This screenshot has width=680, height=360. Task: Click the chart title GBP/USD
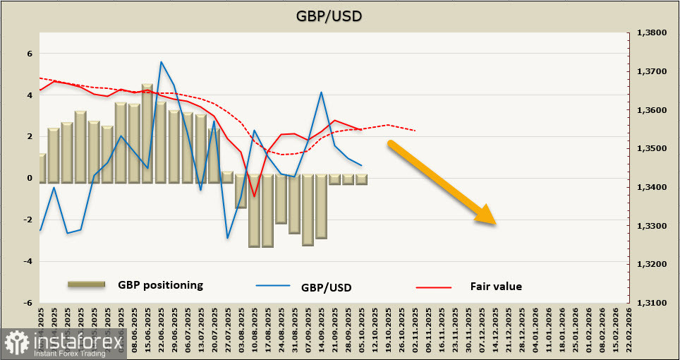pos(340,15)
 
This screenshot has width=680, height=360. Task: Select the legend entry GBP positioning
pos(160,285)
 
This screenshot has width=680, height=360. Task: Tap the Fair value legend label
pos(496,287)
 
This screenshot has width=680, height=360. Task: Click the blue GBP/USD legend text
pos(326,287)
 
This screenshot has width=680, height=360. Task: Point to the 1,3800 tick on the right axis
pos(652,33)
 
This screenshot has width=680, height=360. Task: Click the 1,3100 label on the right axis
pos(652,303)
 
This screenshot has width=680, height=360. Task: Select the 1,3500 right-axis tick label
pos(652,149)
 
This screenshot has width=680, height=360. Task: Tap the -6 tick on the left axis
pos(29,303)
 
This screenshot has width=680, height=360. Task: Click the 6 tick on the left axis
pos(29,54)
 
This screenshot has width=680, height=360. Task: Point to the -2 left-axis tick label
pos(29,220)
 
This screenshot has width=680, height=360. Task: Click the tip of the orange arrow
pos(496,224)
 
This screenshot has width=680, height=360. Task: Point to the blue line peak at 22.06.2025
pos(162,62)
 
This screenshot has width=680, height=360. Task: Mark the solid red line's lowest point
pos(254,196)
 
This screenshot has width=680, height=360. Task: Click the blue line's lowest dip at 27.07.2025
pos(227,237)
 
